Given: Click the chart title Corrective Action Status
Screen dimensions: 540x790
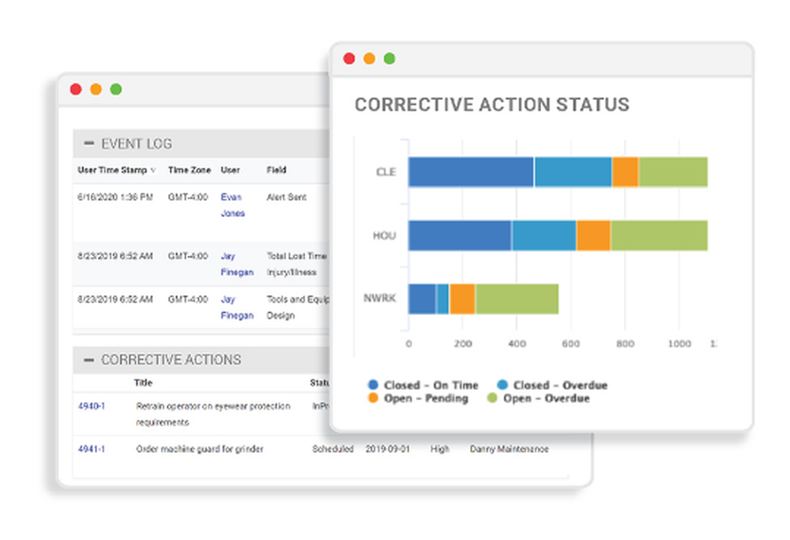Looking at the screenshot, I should [491, 105].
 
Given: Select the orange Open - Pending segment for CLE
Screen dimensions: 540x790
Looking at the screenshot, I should [625, 171].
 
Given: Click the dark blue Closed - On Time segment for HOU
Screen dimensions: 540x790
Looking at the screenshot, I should [459, 235].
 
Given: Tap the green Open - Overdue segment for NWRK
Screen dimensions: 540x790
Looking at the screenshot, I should [516, 298].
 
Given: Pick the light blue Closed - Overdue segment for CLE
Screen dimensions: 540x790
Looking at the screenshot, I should [573, 171].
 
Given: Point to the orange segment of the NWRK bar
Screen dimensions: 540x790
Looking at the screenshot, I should [461, 298].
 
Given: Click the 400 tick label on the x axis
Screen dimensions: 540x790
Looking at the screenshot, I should [516, 344].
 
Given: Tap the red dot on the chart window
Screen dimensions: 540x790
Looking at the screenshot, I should [349, 58].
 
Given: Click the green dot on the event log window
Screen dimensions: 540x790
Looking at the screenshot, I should [115, 89].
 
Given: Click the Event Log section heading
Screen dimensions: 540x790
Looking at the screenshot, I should [136, 144].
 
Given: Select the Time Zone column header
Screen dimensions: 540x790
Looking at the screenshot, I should [189, 170].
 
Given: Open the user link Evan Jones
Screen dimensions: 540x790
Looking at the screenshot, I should [232, 204].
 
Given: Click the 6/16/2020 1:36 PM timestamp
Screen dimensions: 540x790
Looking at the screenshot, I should [115, 197].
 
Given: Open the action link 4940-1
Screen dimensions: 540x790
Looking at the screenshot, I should [92, 406].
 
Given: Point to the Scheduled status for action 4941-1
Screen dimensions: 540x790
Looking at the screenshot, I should [333, 448].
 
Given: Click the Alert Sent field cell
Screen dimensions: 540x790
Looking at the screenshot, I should [286, 197].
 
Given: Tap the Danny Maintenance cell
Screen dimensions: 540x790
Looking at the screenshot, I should [509, 448].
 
